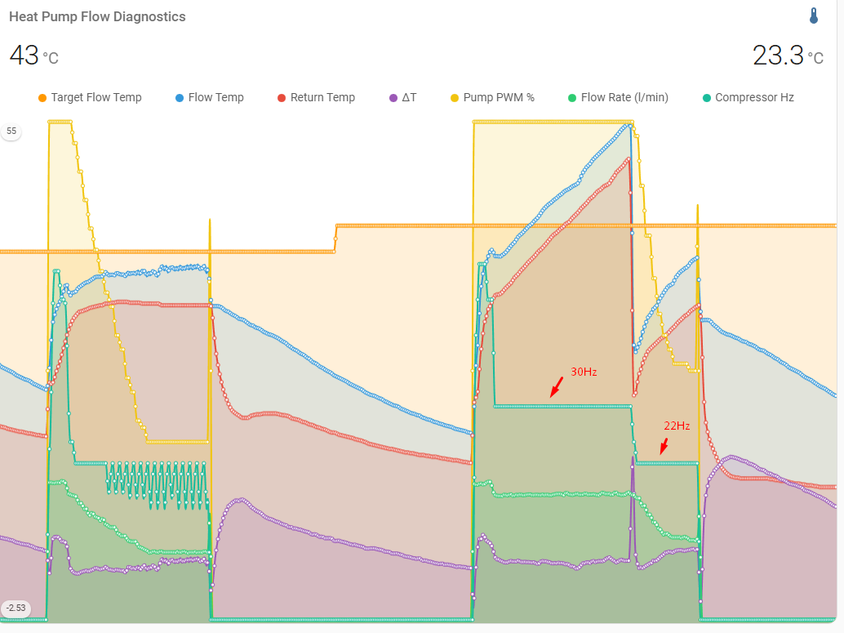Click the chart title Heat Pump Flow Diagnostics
tap(97, 16)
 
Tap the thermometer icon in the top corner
tap(814, 16)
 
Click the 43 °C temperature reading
tap(33, 56)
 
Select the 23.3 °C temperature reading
tap(788, 56)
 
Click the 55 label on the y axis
tap(11, 131)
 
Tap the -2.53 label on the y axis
tap(15, 608)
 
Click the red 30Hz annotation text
tap(584, 372)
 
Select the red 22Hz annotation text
tap(677, 426)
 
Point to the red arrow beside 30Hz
tap(557, 386)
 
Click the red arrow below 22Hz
tap(664, 446)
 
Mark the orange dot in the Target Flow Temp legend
tap(42, 98)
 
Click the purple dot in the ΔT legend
tap(393, 98)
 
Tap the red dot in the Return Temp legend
tap(282, 98)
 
